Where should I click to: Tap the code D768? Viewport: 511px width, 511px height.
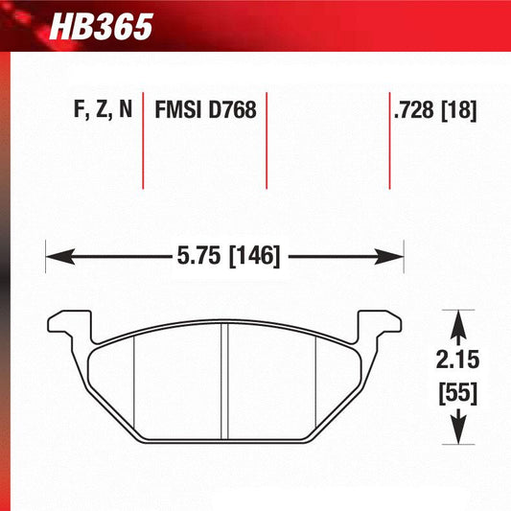pos(232,110)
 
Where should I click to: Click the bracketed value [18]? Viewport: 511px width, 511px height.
pos(459,110)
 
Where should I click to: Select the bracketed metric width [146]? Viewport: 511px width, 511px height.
pos(250,257)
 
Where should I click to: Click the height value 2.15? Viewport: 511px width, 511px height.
pos(459,360)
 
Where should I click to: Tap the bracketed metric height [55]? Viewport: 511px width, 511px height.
pos(459,391)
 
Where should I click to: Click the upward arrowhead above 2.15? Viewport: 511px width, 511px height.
pos(459,318)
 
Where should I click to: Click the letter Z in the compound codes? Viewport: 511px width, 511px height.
pos(99,110)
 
